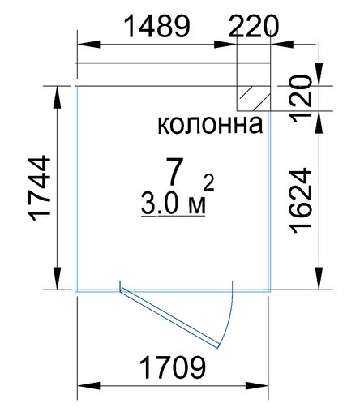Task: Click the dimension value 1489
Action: point(157,26)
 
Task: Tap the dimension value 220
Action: point(253,26)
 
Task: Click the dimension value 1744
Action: point(40,188)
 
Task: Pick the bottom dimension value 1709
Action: point(173,367)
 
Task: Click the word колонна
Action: point(210,124)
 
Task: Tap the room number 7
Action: point(174,171)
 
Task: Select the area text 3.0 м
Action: point(174,204)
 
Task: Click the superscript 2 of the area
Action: point(209,182)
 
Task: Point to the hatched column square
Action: point(254,98)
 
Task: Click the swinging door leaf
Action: point(169,318)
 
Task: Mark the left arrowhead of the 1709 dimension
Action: point(88,386)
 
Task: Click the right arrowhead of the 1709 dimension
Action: point(257,386)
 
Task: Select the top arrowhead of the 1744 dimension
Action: point(57,97)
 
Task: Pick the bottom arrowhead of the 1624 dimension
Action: point(319,278)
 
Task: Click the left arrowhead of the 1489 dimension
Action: point(88,45)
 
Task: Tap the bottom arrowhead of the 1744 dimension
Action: point(57,278)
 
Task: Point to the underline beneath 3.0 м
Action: point(173,216)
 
